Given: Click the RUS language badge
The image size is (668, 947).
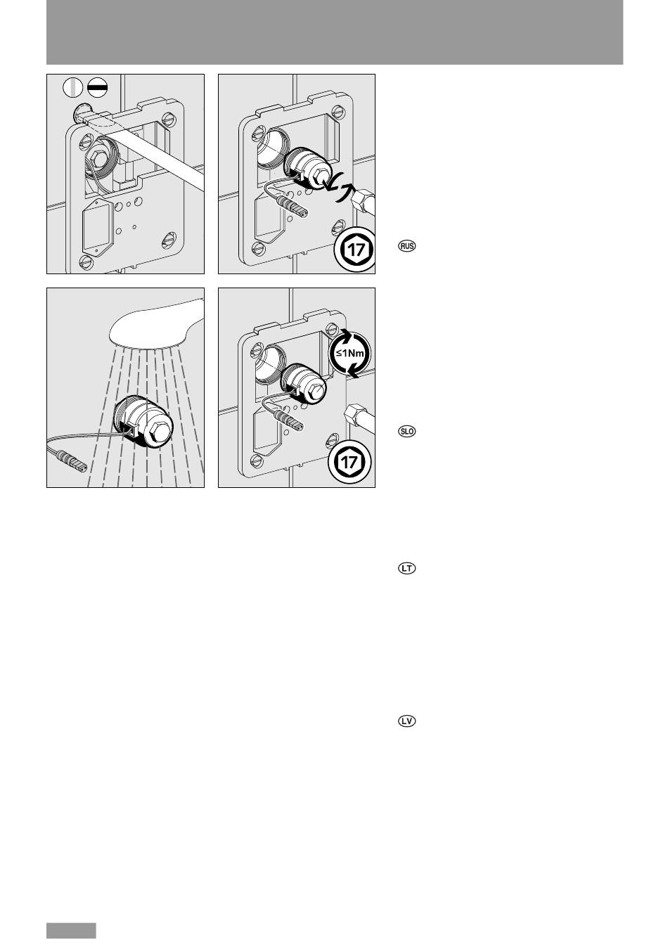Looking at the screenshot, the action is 406,246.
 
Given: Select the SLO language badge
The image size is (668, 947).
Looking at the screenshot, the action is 406,431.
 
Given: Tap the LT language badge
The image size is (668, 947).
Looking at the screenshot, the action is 406,569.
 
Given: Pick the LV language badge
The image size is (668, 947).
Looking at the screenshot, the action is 406,721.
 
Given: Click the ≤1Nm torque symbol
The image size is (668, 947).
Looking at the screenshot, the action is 349,353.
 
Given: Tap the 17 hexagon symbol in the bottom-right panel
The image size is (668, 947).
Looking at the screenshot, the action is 349,462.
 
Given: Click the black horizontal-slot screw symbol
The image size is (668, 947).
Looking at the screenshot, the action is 97,88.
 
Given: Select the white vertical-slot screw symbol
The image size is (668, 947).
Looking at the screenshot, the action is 73,88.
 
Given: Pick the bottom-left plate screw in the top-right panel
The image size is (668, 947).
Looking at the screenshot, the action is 257,250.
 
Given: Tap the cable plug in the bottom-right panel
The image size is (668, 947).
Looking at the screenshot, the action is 288,420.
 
